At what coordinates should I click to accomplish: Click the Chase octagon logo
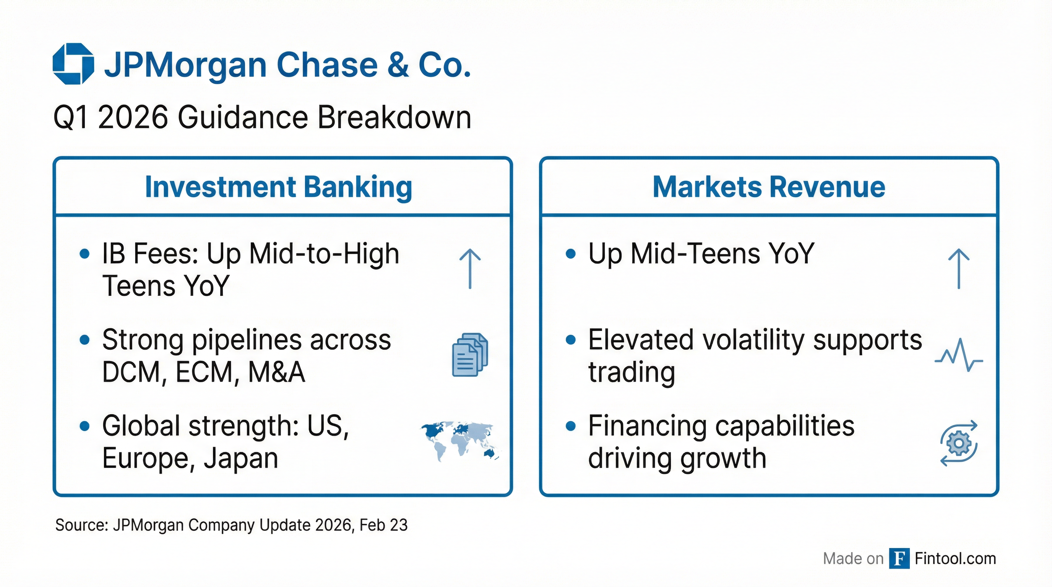click(x=73, y=64)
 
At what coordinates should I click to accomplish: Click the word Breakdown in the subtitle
click(x=394, y=118)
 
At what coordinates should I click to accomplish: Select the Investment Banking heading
click(x=279, y=187)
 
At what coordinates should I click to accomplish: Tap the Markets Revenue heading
click(x=769, y=187)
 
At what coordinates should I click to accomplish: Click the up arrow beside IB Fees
click(x=470, y=269)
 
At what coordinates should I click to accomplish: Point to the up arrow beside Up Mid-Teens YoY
click(x=958, y=269)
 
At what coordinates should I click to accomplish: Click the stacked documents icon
click(x=470, y=355)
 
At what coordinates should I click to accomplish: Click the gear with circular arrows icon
click(x=958, y=443)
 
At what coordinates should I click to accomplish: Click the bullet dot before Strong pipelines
click(x=84, y=340)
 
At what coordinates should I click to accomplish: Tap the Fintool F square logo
click(x=899, y=558)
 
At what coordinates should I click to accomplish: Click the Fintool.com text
click(x=955, y=558)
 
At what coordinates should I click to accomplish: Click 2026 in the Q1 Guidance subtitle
click(x=133, y=118)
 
